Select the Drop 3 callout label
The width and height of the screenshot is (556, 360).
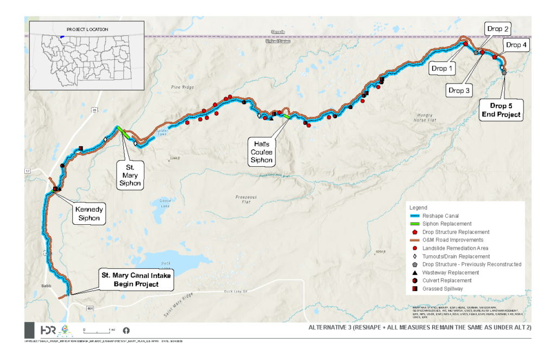(x=460, y=91)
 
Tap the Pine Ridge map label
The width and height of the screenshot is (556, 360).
(x=179, y=87)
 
